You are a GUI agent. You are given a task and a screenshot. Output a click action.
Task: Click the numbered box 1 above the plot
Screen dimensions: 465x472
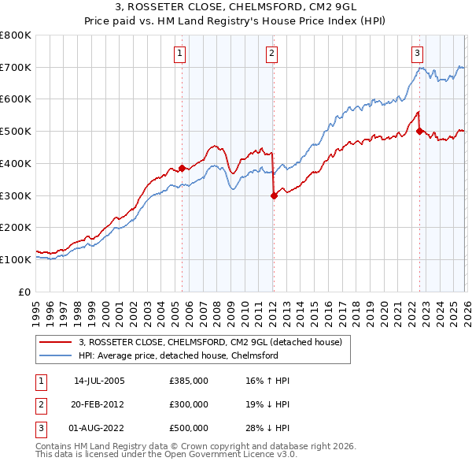[x=180, y=54]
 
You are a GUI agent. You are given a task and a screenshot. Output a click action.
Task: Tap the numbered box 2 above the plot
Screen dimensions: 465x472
[x=271, y=54]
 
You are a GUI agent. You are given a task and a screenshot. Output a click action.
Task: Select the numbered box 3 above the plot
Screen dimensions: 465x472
[x=416, y=54]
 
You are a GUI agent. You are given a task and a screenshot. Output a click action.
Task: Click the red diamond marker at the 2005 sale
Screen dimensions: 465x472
[x=182, y=168]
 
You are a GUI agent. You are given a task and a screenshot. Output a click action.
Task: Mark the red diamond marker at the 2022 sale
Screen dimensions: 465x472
[x=419, y=131]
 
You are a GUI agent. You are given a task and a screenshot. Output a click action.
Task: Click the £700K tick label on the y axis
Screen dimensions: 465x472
[x=16, y=67]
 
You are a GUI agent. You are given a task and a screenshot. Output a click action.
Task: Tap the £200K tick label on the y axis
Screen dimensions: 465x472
[x=16, y=227]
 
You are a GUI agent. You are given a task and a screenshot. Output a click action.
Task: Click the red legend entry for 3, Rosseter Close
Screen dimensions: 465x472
[x=210, y=342]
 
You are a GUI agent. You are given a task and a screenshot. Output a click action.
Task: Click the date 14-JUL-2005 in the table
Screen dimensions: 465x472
[x=99, y=381]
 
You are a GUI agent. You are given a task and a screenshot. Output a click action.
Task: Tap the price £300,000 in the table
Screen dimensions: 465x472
[x=189, y=404]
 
